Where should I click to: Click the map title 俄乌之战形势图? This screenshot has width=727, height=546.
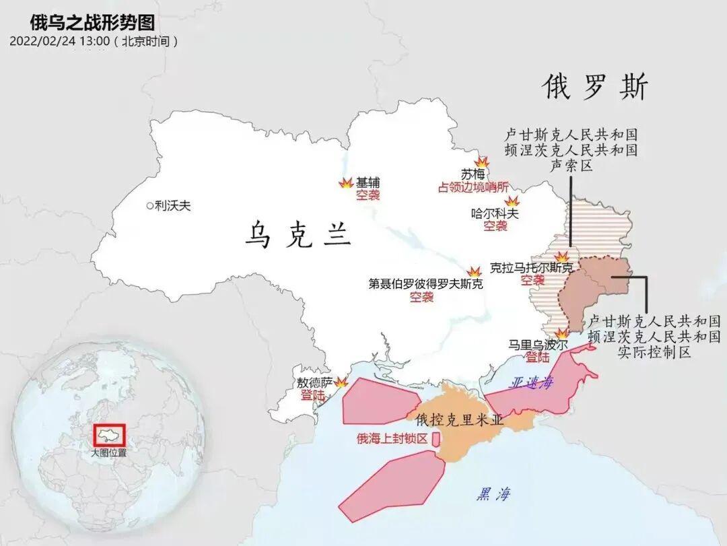[x=92, y=22]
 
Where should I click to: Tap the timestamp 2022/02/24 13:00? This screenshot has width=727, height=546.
[x=60, y=41]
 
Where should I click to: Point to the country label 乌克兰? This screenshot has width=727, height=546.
[x=298, y=236]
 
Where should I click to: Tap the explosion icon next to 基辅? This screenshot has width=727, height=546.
[x=345, y=183]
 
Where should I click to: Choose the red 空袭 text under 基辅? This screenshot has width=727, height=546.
[x=368, y=195]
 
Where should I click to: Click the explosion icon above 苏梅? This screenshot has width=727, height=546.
[x=482, y=162]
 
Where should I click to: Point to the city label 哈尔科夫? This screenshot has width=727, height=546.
[x=495, y=213]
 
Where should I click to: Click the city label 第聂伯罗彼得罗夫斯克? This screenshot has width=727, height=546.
[x=425, y=284]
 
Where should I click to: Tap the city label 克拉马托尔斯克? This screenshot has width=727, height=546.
[x=532, y=268]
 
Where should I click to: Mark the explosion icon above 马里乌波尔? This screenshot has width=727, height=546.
[x=561, y=334]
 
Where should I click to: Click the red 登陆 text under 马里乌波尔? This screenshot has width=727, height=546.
[x=538, y=357]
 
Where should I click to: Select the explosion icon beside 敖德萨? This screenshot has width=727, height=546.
[x=341, y=382]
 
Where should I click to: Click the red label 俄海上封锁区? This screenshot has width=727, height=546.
[x=392, y=439]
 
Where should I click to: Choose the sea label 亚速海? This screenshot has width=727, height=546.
[x=532, y=382]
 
